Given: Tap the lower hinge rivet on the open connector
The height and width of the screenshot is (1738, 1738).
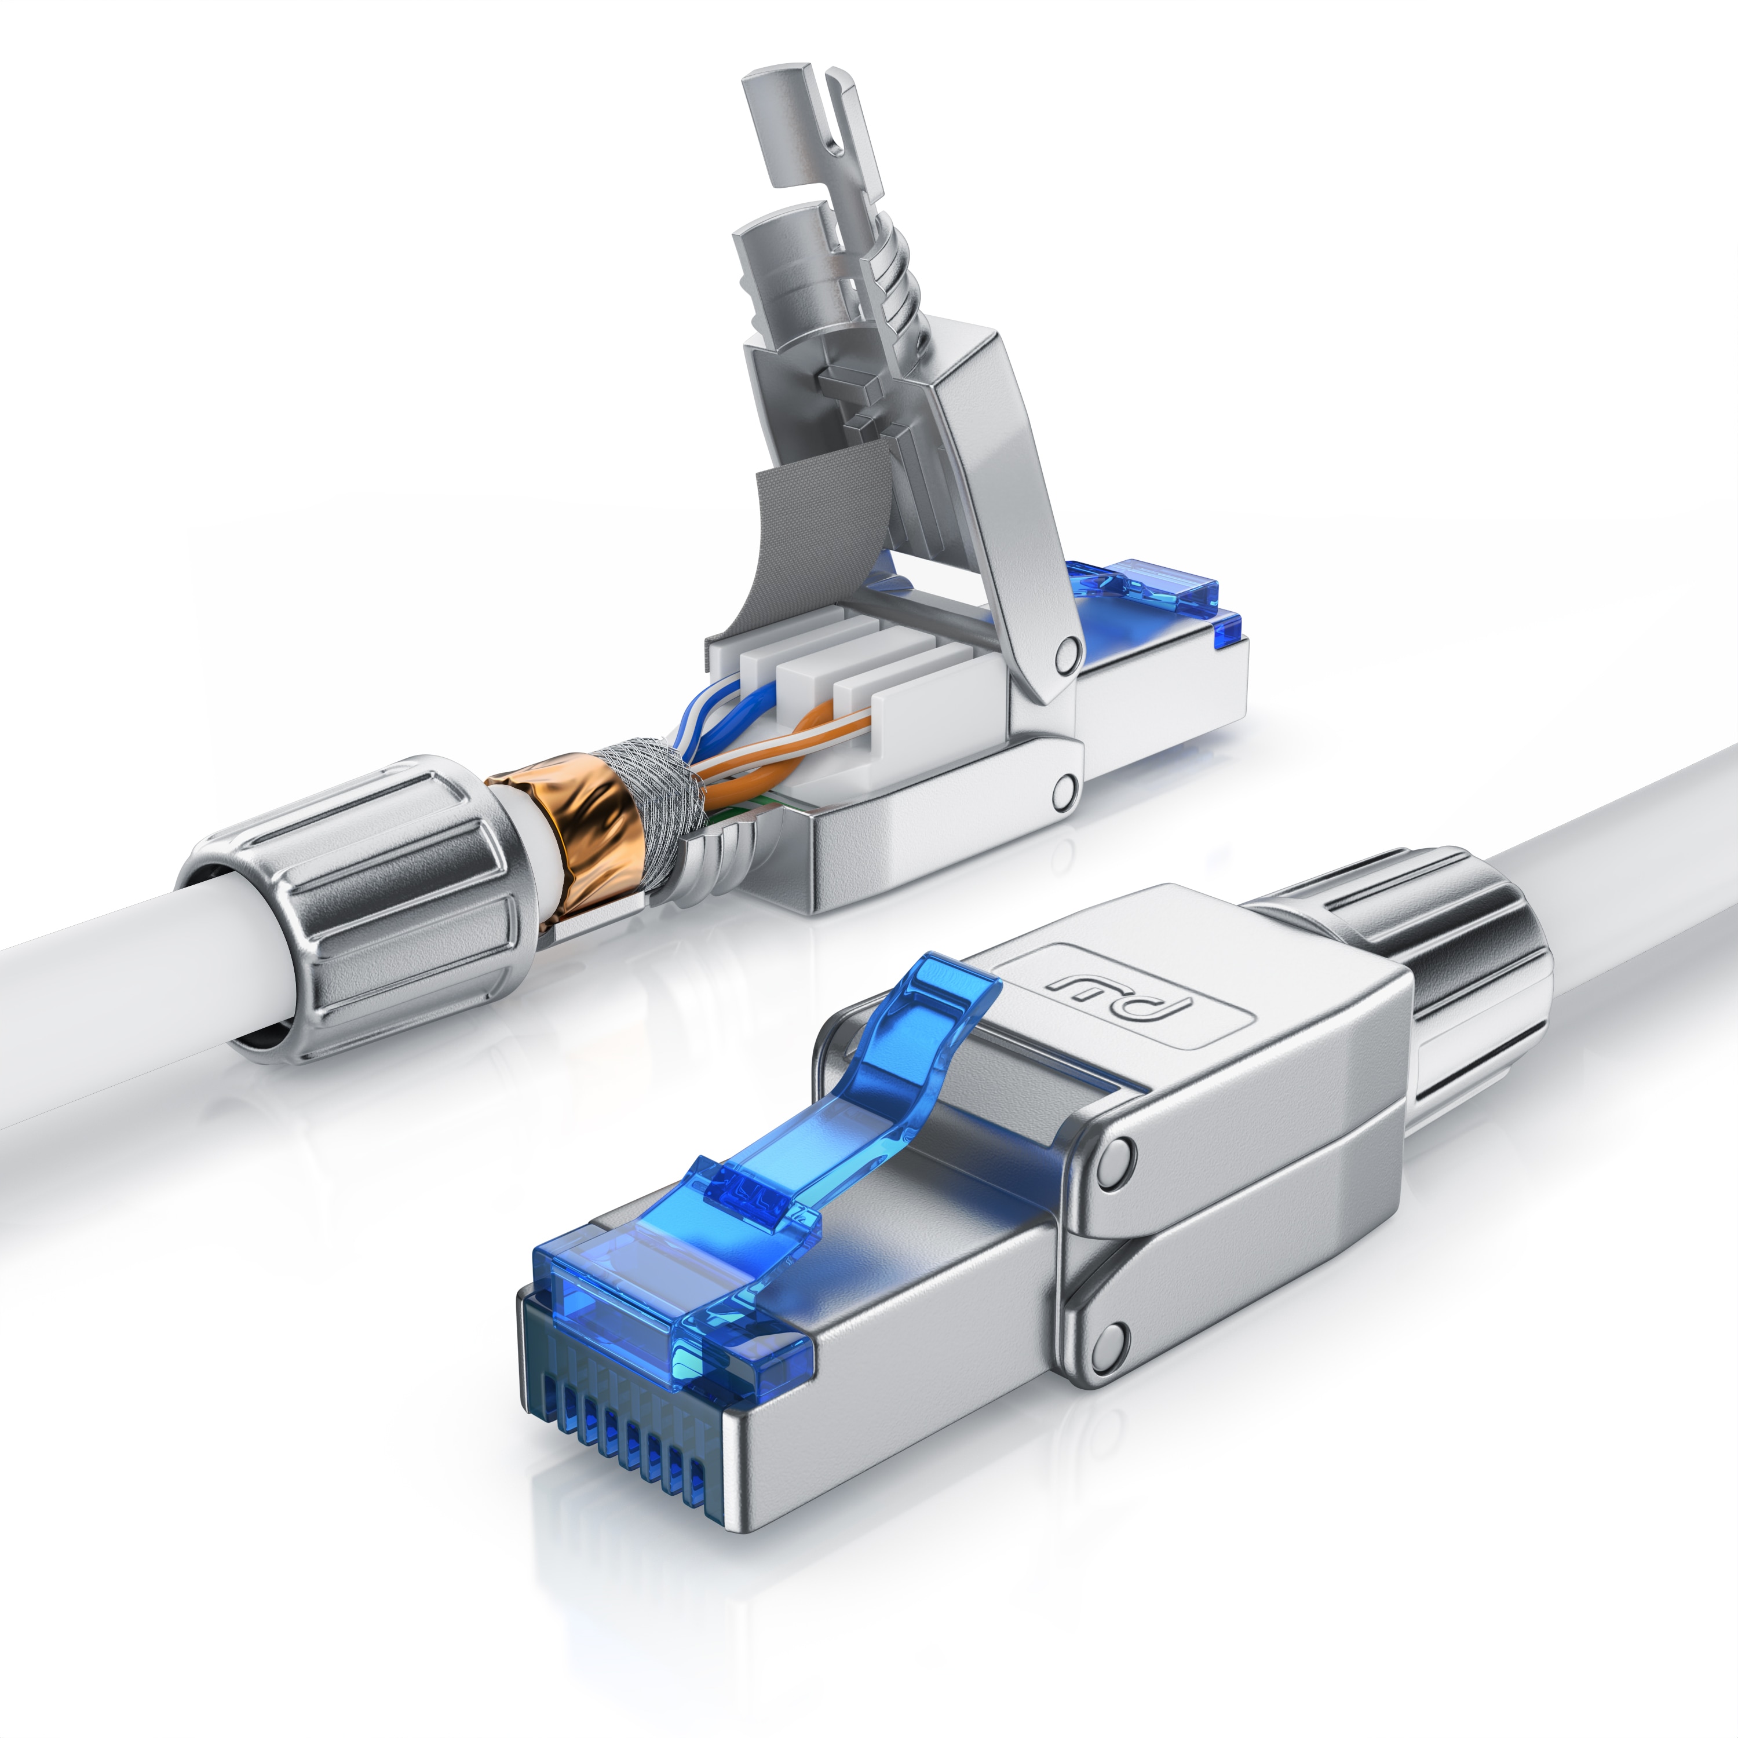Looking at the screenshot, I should (1065, 790).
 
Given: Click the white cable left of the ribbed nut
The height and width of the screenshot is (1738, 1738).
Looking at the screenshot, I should (108, 1017).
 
